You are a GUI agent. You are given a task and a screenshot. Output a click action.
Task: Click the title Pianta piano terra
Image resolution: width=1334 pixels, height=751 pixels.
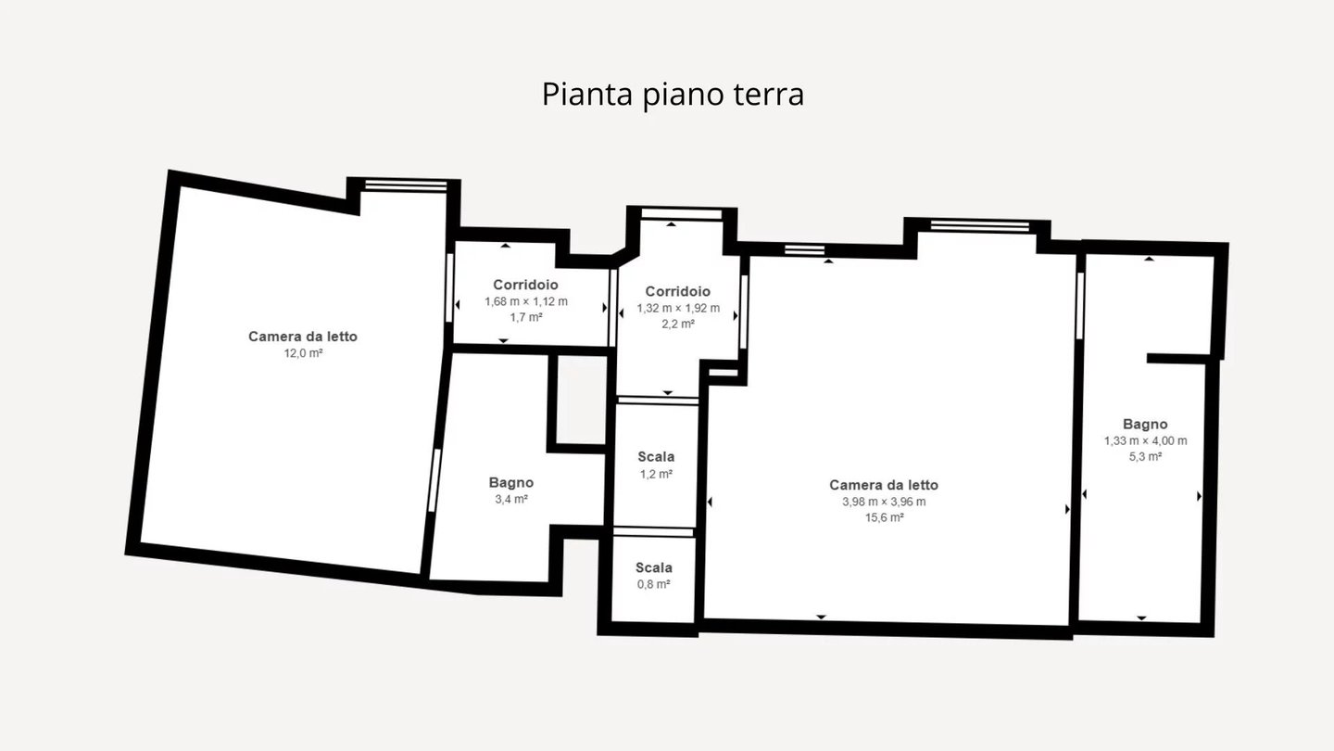[x=673, y=95]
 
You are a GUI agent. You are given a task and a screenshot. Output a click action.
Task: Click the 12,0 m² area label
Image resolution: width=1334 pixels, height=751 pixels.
[x=303, y=353]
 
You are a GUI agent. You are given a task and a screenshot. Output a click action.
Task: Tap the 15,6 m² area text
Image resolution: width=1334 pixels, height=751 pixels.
[x=885, y=517]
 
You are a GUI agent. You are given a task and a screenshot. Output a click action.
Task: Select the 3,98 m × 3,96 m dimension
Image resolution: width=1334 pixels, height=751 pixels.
[x=884, y=502]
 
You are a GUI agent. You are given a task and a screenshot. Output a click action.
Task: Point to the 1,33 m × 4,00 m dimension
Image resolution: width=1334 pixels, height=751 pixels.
[x=1145, y=441]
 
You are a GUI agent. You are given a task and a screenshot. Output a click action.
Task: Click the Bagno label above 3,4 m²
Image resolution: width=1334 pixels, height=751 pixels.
[x=511, y=483]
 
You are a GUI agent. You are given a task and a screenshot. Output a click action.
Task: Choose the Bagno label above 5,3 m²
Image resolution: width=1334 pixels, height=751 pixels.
[x=1145, y=425]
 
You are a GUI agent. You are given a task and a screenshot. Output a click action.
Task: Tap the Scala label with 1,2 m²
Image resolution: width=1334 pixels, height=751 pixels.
[x=656, y=457]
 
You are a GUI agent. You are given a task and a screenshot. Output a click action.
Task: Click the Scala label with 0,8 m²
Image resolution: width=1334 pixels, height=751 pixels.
[x=654, y=568]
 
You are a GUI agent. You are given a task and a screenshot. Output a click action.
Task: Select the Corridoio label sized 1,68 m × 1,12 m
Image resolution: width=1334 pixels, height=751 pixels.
[x=526, y=285]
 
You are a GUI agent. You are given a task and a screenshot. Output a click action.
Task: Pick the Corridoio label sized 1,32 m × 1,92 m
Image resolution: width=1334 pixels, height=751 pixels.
[x=678, y=291]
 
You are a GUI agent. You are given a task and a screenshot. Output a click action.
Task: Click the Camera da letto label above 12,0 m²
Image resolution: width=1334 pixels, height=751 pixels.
[x=303, y=337]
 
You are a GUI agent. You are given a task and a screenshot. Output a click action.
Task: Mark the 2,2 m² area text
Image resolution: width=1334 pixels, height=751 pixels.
[x=678, y=325]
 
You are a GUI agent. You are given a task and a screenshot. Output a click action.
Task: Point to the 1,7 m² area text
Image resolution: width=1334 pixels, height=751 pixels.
[x=526, y=318]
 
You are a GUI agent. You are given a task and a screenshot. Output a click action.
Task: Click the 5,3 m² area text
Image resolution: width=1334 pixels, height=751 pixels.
[x=1145, y=457]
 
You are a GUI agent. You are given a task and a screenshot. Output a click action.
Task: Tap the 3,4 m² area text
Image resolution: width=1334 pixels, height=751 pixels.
[x=511, y=500]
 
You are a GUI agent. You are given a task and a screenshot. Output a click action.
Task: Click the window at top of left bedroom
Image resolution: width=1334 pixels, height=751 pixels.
[x=406, y=185]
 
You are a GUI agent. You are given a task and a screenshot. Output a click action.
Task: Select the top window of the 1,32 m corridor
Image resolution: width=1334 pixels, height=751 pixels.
[x=681, y=214]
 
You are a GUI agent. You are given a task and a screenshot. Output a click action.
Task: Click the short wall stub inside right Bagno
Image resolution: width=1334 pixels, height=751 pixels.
[x=1178, y=358]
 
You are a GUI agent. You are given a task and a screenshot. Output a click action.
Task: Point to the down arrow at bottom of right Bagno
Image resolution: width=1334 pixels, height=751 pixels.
[x=1141, y=618]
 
